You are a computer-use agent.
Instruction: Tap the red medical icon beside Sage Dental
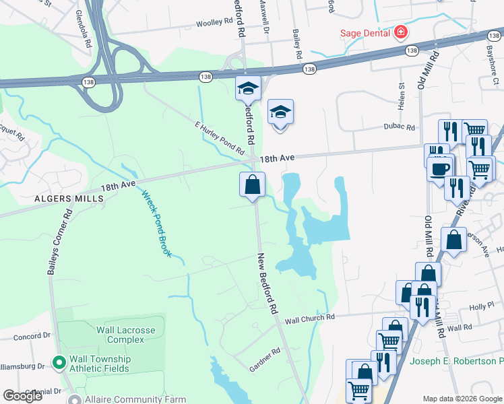402,32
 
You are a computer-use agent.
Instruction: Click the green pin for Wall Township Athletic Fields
59,362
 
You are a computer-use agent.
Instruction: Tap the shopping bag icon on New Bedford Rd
252,184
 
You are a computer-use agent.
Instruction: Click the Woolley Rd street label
214,23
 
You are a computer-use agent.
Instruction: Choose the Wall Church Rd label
309,317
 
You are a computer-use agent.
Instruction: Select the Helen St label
401,94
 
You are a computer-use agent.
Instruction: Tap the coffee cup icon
439,168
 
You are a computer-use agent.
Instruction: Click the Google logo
23,396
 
